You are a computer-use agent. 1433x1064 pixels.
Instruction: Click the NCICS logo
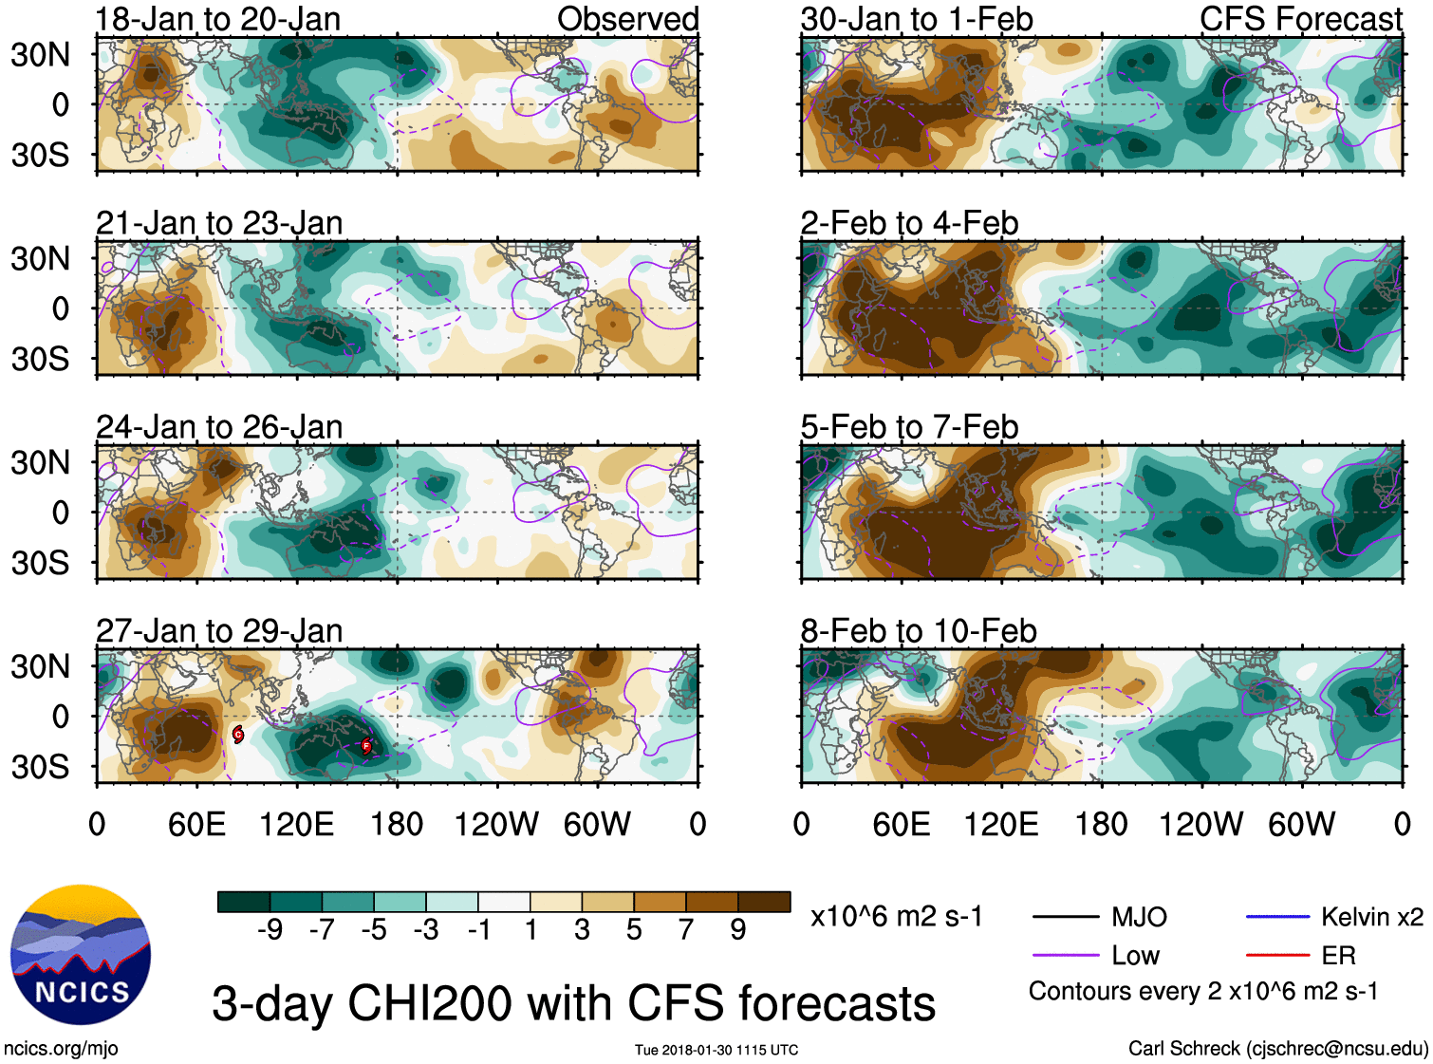tap(81, 955)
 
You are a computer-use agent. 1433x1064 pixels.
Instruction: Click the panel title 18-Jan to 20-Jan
tap(218, 19)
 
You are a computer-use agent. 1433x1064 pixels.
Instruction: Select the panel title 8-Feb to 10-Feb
tap(919, 631)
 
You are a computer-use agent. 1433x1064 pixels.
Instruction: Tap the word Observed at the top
tap(627, 19)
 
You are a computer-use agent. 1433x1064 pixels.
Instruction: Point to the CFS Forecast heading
tap(1300, 19)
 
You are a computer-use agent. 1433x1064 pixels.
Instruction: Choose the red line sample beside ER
tap(1278, 956)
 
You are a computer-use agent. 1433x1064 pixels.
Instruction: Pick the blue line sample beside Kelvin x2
tap(1278, 917)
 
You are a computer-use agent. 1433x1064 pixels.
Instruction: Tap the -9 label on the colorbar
tap(270, 930)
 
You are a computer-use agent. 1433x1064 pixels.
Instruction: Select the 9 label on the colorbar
tap(738, 930)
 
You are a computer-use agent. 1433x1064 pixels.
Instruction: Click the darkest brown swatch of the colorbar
tap(764, 902)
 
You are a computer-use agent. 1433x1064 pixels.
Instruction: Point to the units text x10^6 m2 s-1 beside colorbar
tap(896, 917)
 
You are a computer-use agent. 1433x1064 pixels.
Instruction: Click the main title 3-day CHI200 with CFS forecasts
tap(573, 1003)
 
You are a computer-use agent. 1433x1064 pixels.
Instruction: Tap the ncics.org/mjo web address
tap(61, 1049)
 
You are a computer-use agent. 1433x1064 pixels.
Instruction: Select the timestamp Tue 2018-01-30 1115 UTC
tap(716, 1050)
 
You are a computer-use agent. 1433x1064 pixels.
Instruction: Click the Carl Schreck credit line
tap(1277, 1049)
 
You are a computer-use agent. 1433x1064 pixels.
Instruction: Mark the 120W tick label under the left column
tap(496, 824)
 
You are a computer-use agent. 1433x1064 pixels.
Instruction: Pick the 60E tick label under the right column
tap(902, 824)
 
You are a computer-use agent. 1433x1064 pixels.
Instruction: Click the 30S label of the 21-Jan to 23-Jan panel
tap(40, 360)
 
